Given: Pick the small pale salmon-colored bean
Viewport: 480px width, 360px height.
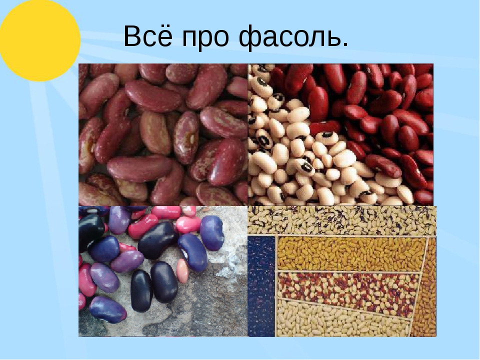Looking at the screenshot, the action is click(x=183, y=270).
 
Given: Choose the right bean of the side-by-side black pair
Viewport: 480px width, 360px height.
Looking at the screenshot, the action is click(x=164, y=281).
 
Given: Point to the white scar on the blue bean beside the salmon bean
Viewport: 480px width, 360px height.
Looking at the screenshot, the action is click(x=185, y=253).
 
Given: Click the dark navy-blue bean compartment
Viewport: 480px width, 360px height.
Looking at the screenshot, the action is click(x=261, y=285).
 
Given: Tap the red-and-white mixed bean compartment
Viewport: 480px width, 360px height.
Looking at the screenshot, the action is click(x=347, y=289).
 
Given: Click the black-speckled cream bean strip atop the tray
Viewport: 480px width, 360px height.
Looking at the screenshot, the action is click(x=341, y=220).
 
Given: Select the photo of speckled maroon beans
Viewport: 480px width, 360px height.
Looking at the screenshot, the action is click(x=163, y=134).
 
